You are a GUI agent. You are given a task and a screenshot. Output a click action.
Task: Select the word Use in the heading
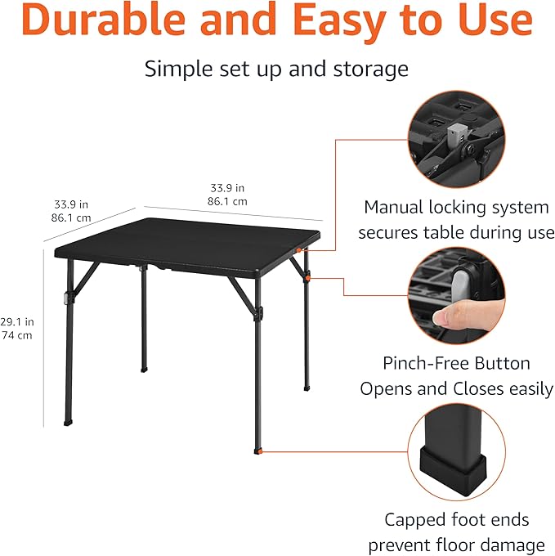pos(497,23)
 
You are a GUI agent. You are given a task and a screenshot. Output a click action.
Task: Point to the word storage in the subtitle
pos(365,69)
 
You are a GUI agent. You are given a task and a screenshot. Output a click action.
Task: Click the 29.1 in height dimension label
pos(17,322)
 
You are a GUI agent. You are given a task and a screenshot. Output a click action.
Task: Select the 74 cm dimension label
pos(17,335)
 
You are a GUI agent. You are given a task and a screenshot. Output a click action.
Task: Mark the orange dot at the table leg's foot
pos(260,450)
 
